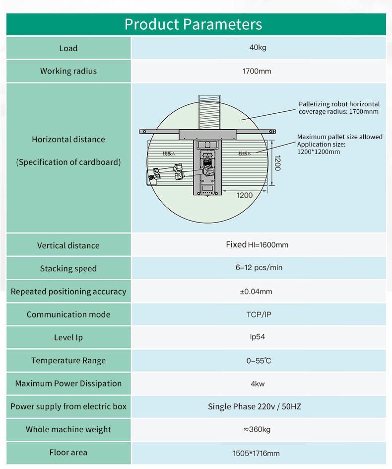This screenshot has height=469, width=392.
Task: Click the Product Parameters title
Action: point(194,24)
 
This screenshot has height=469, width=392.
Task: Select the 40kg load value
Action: point(258,47)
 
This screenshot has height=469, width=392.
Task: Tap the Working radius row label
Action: point(68,71)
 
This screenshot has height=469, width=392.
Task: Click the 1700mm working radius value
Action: point(257,71)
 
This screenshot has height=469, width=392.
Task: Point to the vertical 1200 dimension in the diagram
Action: point(277,163)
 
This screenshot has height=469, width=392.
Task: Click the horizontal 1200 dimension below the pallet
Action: point(245,195)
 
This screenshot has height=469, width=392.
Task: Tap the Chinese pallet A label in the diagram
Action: point(169,154)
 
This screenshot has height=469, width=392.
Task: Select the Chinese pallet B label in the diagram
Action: point(245,154)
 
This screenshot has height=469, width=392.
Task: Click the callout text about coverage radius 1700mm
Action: point(339,108)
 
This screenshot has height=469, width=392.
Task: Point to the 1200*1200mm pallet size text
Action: point(319,152)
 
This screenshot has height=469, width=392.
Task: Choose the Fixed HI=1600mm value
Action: point(257,244)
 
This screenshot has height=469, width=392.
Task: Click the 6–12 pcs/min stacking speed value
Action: point(259,267)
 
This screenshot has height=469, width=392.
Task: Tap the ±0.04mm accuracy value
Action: point(256,291)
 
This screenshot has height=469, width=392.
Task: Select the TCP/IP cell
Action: point(259,314)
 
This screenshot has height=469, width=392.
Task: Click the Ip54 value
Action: point(257,337)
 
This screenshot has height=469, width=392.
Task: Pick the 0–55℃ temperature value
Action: point(259,361)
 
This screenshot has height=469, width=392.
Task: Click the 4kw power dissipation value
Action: point(258,384)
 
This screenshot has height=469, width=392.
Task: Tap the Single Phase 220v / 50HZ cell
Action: point(255,406)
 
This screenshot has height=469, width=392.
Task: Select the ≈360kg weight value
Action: point(257,430)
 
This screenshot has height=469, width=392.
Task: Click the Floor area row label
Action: point(68,452)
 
